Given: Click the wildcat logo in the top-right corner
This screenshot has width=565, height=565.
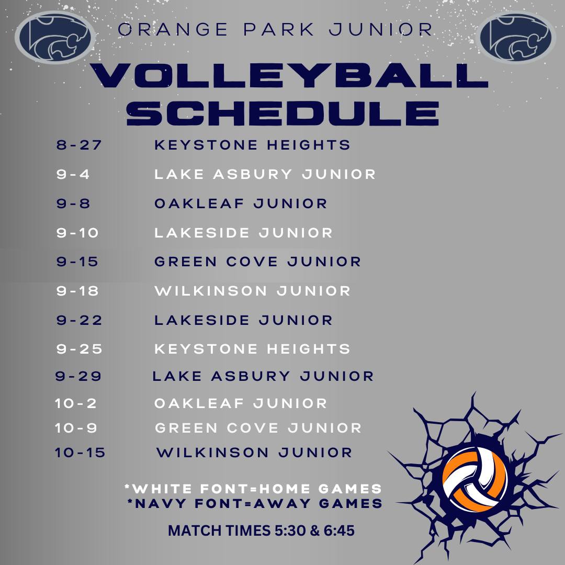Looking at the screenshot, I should pyautogui.click(x=517, y=38).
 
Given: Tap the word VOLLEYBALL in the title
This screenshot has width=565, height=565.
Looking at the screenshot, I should pyautogui.click(x=289, y=76).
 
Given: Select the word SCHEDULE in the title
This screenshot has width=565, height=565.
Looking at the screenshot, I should pyautogui.click(x=282, y=112).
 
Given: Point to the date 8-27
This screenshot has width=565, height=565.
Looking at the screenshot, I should pyautogui.click(x=79, y=145).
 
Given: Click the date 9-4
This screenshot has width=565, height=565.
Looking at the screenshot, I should pyautogui.click(x=73, y=174).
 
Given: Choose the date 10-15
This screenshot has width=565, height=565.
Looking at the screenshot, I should pyautogui.click(x=80, y=453).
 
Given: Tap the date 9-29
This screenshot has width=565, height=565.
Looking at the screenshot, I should pyautogui.click(x=78, y=376).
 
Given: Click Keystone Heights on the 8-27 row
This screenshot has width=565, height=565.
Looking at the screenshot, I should pyautogui.click(x=252, y=145).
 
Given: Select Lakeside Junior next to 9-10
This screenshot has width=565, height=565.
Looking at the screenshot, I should pyautogui.click(x=243, y=233).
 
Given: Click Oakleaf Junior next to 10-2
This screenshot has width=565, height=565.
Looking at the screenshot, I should pyautogui.click(x=241, y=403).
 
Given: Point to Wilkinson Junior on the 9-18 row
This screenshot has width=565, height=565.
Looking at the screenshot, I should pyautogui.click(x=252, y=291).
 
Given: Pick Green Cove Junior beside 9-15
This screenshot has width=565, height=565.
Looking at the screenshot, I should pyautogui.click(x=257, y=262).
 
